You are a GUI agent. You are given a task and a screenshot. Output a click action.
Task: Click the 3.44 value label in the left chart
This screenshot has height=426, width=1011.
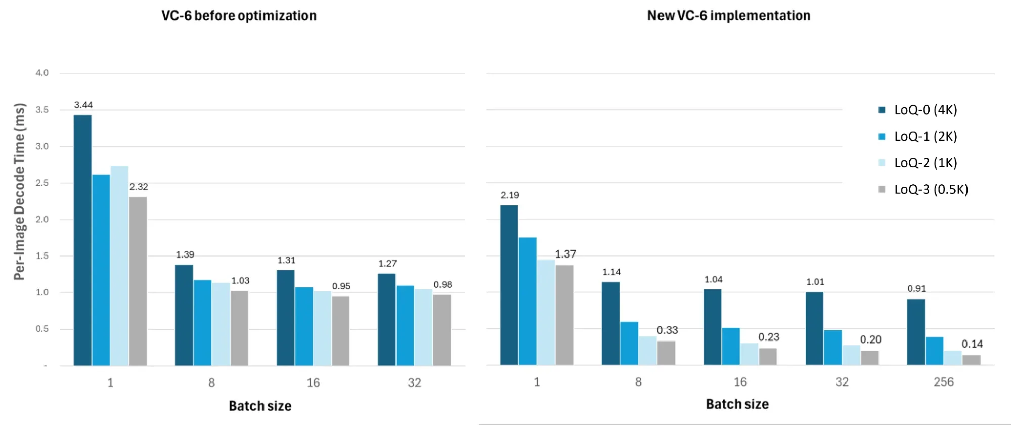pos(83,105)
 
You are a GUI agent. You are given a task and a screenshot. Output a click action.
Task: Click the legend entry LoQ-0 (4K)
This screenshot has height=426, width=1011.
pos(925,110)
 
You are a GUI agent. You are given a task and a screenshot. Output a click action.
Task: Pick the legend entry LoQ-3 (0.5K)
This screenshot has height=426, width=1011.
pos(931,189)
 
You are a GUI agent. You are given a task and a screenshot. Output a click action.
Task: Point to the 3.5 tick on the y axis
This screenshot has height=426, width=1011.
pos(42,110)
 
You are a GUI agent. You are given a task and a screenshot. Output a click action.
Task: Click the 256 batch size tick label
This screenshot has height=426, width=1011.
pos(943,382)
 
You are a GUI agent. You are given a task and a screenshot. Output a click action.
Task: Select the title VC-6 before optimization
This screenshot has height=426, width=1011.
pos(239,16)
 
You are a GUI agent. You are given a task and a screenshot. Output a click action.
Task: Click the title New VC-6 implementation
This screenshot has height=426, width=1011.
pos(728,16)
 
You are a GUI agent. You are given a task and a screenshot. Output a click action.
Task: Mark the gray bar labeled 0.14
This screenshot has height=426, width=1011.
pos(971,360)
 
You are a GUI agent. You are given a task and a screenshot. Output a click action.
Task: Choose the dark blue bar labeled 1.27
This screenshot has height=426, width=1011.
pos(387,319)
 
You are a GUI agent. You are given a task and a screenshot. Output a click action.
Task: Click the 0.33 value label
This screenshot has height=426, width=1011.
pos(667,330)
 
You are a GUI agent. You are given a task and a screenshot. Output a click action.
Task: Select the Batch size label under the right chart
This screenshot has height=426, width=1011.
pos(737,404)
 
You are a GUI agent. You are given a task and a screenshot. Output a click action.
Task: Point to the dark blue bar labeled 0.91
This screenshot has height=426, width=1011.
pos(915,332)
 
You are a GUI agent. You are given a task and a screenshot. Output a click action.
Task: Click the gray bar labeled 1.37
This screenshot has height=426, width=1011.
pos(564,315)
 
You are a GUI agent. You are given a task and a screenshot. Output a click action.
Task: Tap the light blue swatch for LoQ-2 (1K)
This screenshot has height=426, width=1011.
pos(882,163)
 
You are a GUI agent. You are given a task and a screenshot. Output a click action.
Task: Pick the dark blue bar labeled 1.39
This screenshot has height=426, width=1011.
pos(184,315)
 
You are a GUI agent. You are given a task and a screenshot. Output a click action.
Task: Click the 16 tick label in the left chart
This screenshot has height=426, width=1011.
pos(313,383)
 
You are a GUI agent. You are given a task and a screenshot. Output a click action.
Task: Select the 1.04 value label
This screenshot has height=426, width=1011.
pos(713,280)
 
